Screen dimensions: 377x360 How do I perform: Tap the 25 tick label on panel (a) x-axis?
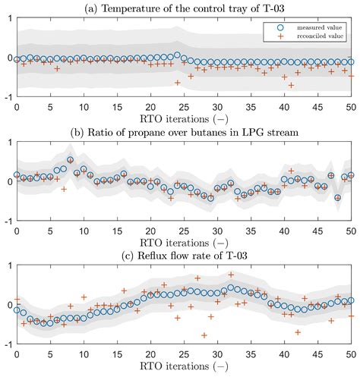(x=184, y=106)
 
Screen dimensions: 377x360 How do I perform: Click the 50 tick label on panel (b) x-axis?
(x=351, y=231)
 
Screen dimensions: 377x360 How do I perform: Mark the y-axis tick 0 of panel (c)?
(x=8, y=305)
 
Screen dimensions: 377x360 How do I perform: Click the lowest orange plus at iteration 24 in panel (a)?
(x=177, y=83)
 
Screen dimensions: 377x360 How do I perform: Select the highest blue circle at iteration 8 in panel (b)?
(x=71, y=160)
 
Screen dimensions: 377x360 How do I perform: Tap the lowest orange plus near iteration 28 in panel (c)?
(x=204, y=335)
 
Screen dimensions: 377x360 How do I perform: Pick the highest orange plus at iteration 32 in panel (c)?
(x=230, y=275)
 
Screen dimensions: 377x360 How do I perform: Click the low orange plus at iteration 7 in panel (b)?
(x=64, y=188)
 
